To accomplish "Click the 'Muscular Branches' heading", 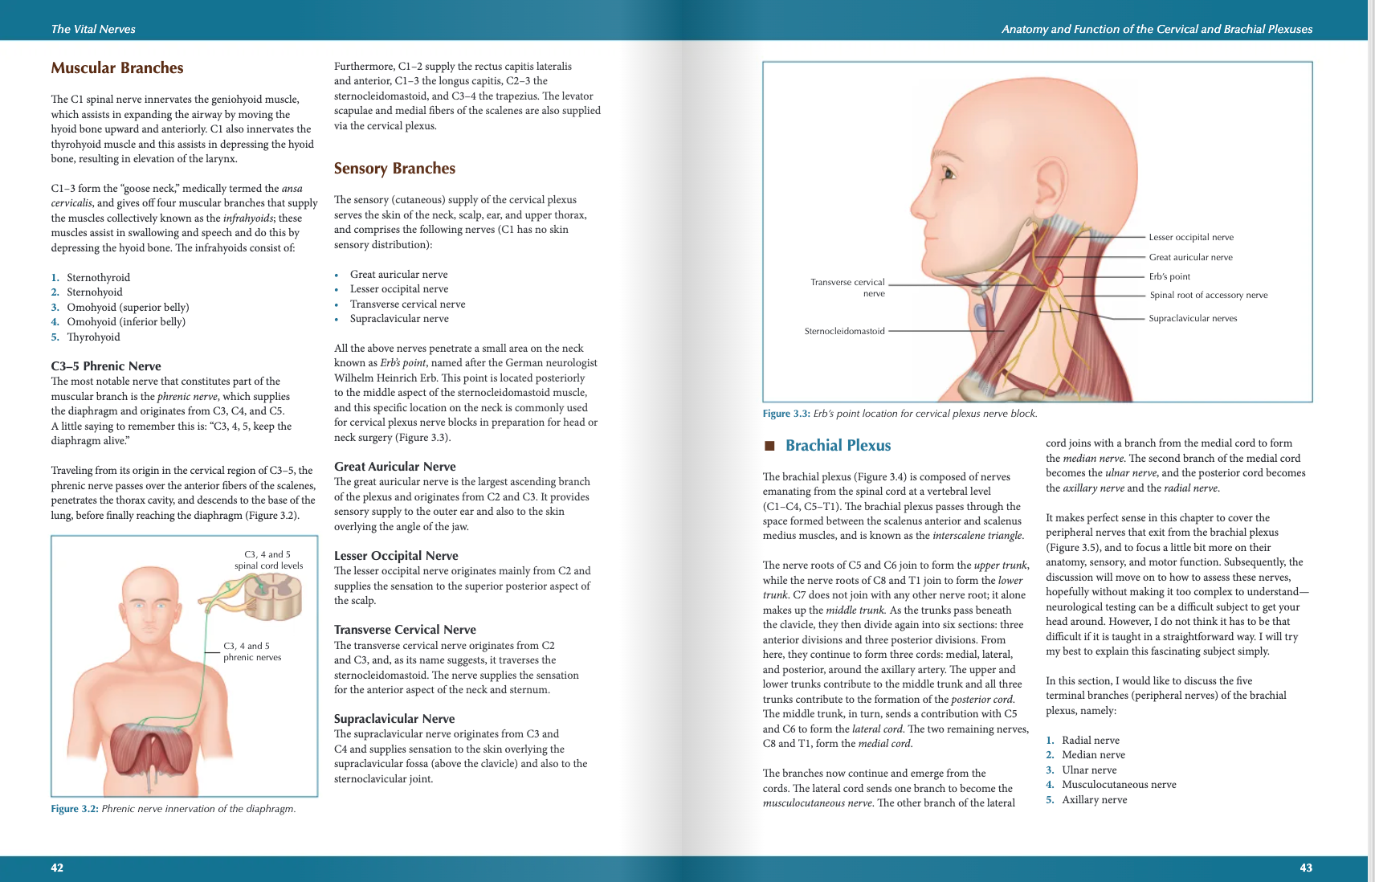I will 117,68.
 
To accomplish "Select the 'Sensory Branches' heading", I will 394,169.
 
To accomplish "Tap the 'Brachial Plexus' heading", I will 838,446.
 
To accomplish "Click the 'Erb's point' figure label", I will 1169,276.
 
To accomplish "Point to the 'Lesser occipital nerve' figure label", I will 1191,237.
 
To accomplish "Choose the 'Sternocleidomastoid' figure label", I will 844,331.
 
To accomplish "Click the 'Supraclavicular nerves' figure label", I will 1193,318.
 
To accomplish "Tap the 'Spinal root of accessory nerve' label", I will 1208,295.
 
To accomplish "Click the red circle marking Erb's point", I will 1053,277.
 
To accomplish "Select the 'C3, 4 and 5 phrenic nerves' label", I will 252,651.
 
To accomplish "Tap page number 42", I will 57,868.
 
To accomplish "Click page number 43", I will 1306,868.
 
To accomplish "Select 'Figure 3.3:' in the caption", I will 786,414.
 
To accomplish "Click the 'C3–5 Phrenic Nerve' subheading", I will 106,366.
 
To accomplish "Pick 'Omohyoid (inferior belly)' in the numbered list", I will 126,322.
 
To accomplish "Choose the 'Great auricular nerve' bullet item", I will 399,275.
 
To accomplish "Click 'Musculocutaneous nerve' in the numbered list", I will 1119,785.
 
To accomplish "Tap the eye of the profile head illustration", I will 951,173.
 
